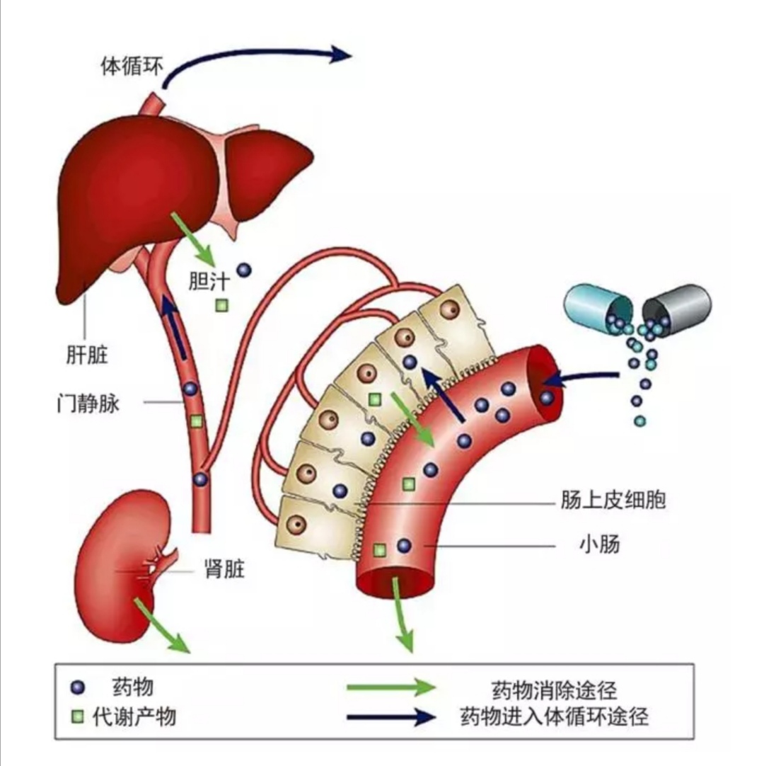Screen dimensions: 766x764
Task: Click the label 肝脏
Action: point(87,355)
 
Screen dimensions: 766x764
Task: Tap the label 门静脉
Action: point(88,404)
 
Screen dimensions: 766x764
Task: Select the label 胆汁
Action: point(209,282)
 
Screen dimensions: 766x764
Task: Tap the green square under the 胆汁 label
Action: point(222,305)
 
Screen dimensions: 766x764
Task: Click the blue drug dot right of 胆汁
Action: point(244,270)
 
